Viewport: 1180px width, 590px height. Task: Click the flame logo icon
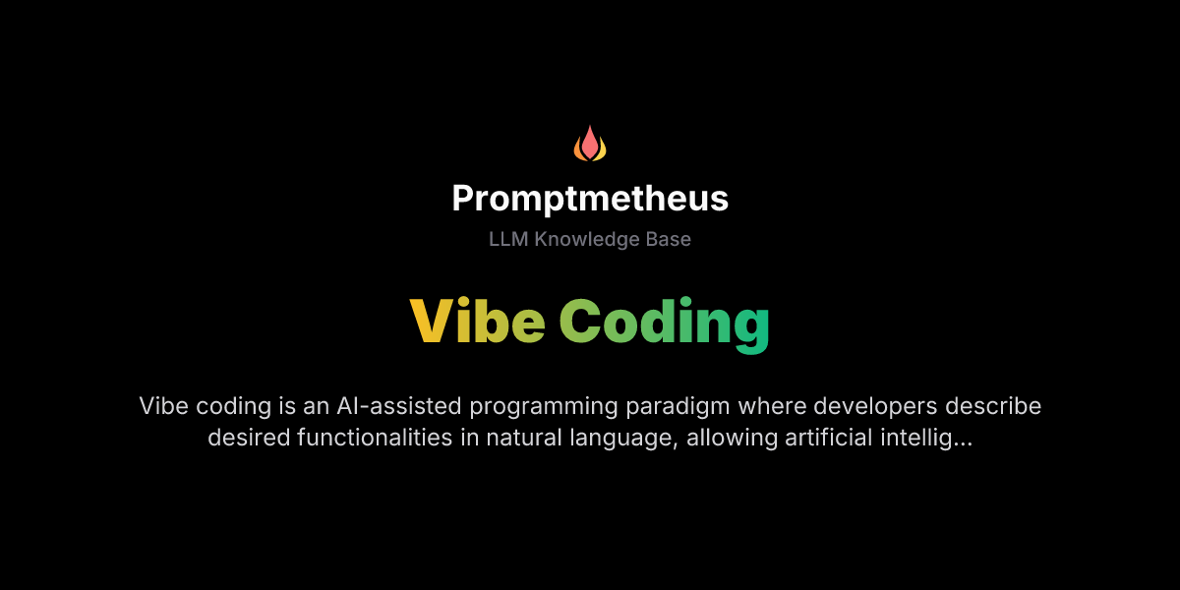pos(590,144)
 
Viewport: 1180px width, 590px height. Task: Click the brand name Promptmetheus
pos(590,199)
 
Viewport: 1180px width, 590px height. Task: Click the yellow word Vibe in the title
pos(478,321)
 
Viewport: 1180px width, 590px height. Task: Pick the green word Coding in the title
pos(665,323)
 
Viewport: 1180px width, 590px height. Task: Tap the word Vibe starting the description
pos(162,406)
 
